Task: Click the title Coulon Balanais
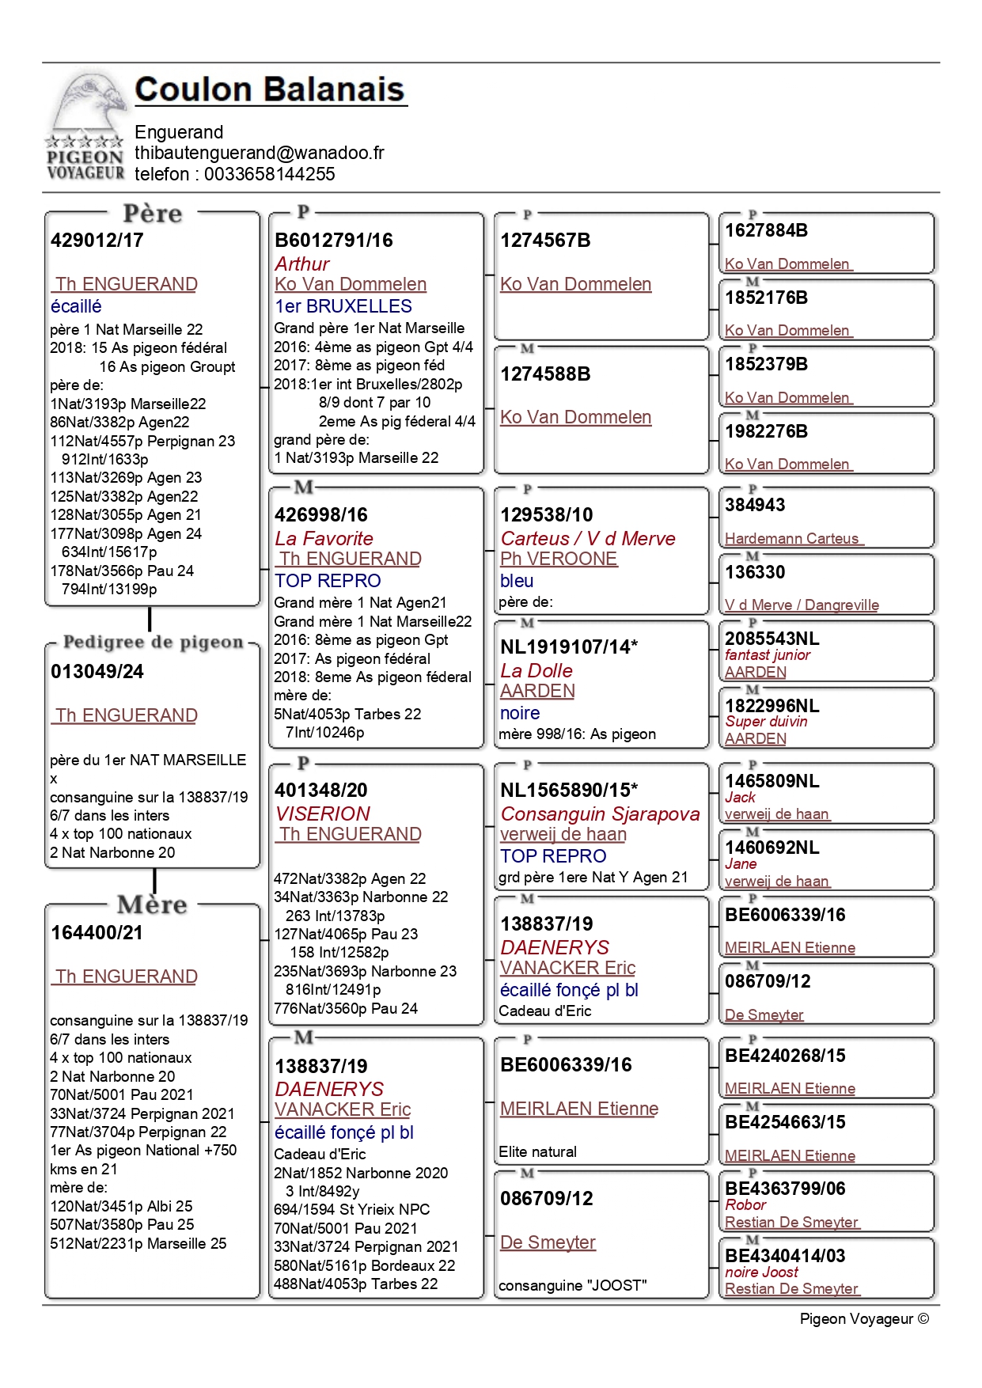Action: pos(270,89)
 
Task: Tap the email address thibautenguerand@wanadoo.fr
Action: pos(260,153)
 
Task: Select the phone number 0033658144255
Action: pos(270,174)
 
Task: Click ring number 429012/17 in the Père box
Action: pos(97,241)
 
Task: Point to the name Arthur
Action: pos(302,264)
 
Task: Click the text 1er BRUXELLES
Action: pos(343,306)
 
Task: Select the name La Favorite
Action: pos(324,539)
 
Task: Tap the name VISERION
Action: pos(323,813)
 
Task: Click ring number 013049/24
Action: pos(97,672)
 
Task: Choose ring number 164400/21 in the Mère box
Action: pos(97,933)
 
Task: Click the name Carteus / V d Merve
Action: pos(588,539)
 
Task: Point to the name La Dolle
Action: pos(536,671)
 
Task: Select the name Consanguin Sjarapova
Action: pos(601,814)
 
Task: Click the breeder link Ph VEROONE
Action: pos(559,559)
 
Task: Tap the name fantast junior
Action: pos(768,655)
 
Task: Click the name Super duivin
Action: pos(766,722)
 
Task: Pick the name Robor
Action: pos(745,1205)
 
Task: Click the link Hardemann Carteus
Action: pos(792,539)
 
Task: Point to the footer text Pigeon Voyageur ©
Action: pos(864,1319)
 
